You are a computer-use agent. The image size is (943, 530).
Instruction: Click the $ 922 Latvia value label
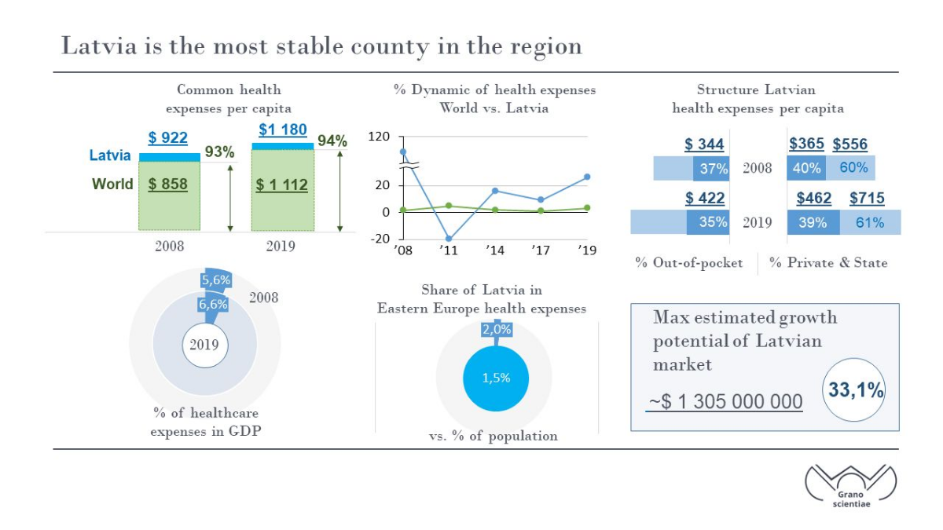[167, 137]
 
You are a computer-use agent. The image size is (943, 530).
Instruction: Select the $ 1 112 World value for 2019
[281, 185]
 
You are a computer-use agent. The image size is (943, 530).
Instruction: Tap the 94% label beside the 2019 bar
[332, 141]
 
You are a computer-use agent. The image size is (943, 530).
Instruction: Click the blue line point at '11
[449, 239]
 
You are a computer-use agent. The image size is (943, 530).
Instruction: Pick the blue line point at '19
[587, 177]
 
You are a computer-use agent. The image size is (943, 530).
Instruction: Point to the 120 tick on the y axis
[379, 137]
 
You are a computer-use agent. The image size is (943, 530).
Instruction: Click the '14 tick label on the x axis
[494, 250]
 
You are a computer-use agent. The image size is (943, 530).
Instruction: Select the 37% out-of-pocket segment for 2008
[711, 168]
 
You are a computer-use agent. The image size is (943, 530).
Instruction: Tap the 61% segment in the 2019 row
[870, 222]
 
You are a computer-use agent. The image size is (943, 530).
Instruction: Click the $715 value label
[867, 198]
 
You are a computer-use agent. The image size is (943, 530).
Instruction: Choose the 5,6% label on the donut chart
[216, 280]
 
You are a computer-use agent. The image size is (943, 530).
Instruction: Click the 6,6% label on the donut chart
[213, 304]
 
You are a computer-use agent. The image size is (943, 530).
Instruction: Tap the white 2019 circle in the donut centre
[205, 345]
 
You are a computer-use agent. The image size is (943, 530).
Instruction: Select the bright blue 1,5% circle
[496, 378]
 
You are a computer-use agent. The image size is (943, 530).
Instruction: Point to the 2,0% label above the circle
[497, 329]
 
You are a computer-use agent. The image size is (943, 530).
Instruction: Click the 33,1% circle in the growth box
[854, 390]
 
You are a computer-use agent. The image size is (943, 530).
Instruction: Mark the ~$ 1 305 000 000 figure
[725, 402]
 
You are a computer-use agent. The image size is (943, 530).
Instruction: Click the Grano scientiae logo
[851, 486]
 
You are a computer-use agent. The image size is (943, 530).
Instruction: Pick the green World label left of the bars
[112, 184]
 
